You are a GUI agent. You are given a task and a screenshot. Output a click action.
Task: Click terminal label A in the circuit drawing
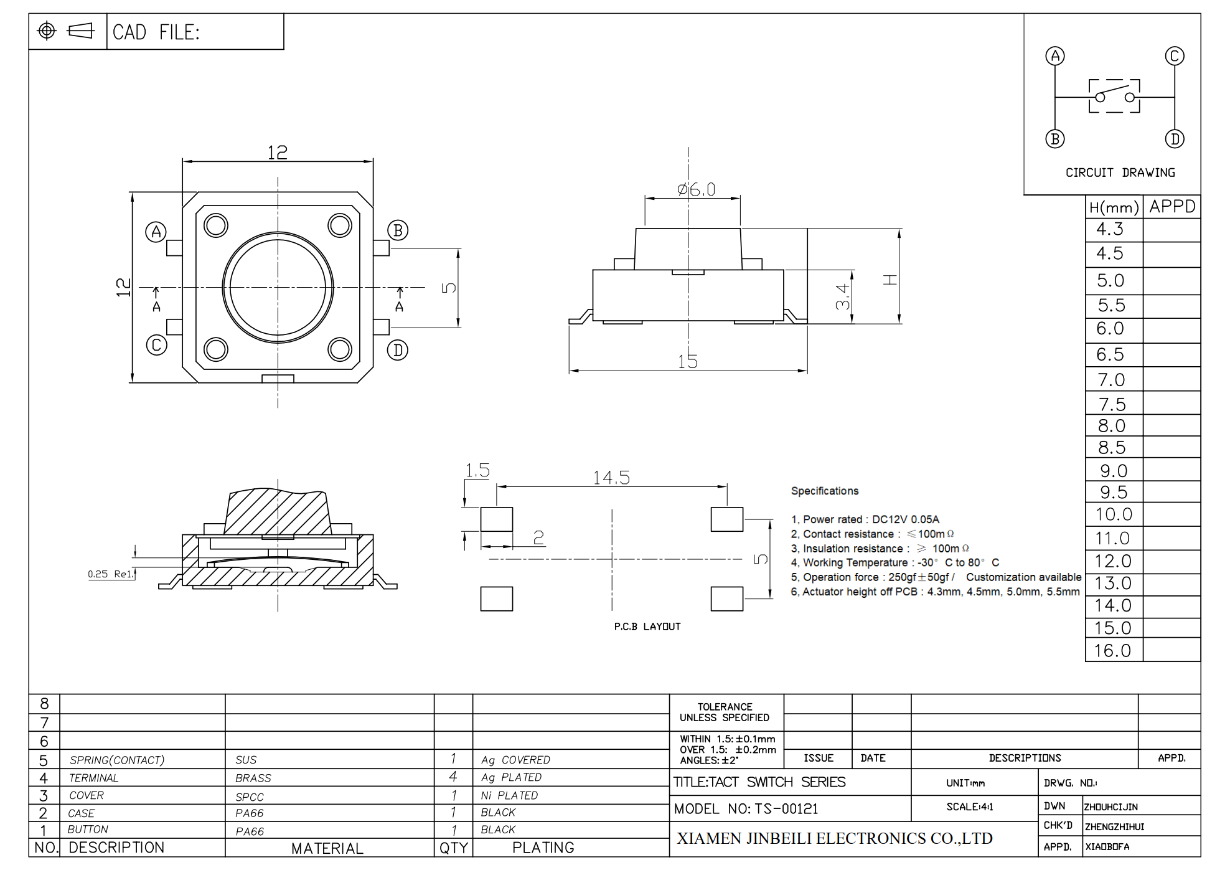[x=1055, y=56]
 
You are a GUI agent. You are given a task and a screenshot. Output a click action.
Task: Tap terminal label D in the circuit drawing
[x=1175, y=138]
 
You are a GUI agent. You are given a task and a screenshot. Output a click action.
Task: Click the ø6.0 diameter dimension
[x=697, y=189]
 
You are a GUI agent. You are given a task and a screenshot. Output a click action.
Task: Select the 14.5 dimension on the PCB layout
[x=611, y=478]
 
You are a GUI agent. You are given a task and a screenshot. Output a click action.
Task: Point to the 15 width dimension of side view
[x=687, y=361]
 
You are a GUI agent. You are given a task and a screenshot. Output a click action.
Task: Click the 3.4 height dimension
[x=842, y=296]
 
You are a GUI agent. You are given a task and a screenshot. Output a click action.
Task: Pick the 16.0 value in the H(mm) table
[x=1112, y=651]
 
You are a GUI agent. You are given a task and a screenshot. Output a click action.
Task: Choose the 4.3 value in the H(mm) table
[x=1110, y=229]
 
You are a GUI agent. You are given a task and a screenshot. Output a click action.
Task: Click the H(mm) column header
[x=1114, y=207]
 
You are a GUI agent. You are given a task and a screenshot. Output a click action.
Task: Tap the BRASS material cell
[x=253, y=778]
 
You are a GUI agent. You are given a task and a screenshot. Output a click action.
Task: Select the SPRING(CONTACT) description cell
[x=117, y=760]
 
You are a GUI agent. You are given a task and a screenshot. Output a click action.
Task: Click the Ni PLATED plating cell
[x=509, y=796]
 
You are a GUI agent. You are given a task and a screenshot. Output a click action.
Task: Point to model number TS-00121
[x=786, y=809]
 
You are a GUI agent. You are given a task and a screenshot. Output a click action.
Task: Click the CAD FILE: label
[x=156, y=32]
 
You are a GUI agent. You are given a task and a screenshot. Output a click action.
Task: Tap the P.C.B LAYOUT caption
[x=647, y=626]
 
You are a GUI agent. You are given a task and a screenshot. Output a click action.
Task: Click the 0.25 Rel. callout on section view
[x=111, y=574]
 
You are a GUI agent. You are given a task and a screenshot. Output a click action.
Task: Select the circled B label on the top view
[x=398, y=230]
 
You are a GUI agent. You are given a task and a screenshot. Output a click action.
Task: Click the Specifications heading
[x=825, y=491]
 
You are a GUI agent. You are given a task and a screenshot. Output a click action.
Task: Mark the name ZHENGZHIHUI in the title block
[x=1115, y=827]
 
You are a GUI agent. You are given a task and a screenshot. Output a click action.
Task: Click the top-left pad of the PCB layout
[x=497, y=519]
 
